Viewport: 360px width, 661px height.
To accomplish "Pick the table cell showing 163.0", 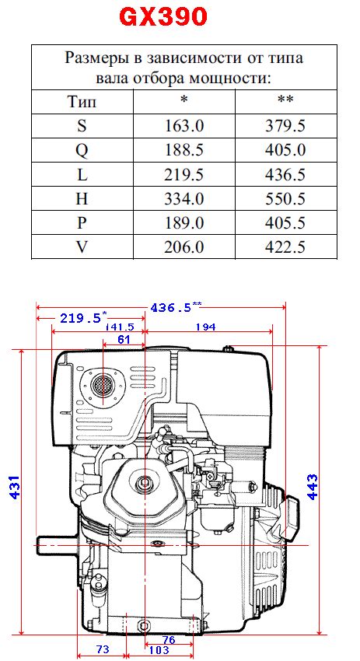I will pyautogui.click(x=184, y=125).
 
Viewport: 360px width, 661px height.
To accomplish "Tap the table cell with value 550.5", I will pyautogui.click(x=287, y=198).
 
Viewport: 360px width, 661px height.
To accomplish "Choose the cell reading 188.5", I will pyautogui.click(x=184, y=149).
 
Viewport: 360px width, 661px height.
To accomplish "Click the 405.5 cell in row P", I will pyautogui.click(x=287, y=223).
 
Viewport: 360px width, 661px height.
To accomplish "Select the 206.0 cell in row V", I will pyautogui.click(x=184, y=247).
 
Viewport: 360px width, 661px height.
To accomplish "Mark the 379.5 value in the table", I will pyautogui.click(x=287, y=125).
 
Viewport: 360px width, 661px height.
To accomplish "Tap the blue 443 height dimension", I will pyautogui.click(x=313, y=488).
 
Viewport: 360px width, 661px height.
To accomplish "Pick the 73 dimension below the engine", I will pyautogui.click(x=102, y=648).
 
